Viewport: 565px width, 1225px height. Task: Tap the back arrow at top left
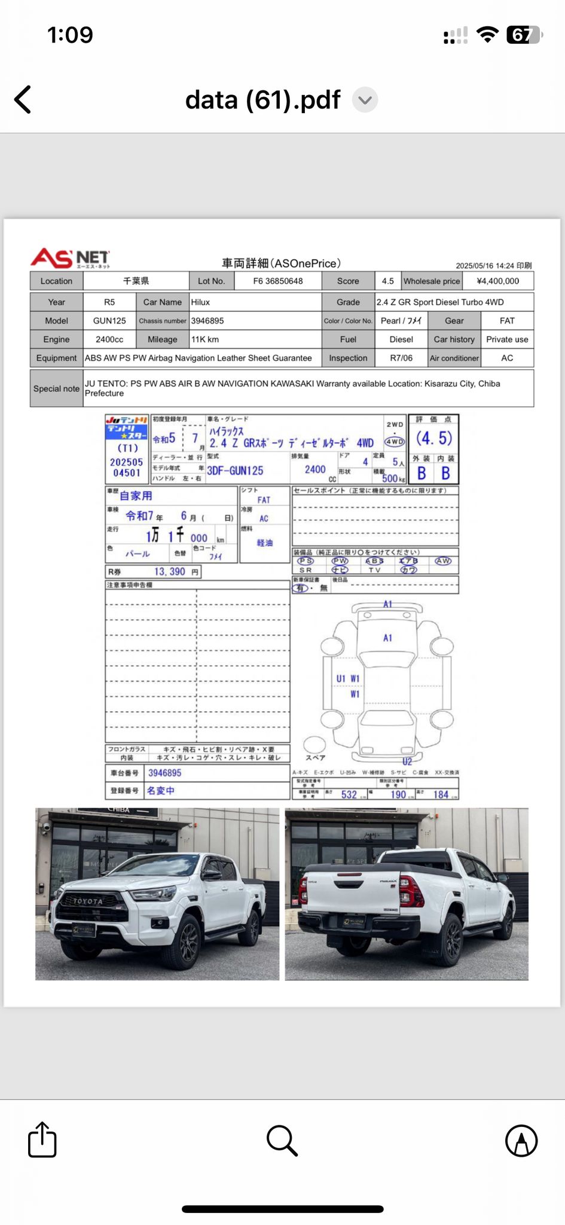point(23,100)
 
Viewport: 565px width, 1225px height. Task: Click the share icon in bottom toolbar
point(42,1140)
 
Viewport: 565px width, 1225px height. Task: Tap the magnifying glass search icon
point(282,1140)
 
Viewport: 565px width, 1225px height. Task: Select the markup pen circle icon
point(521,1140)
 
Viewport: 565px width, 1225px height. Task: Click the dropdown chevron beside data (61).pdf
point(365,100)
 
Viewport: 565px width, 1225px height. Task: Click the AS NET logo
point(70,259)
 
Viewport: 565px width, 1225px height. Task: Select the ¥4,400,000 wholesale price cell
point(497,281)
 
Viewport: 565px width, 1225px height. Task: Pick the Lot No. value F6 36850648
point(278,281)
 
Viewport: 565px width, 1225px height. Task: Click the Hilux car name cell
point(254,302)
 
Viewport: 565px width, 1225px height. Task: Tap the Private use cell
point(507,339)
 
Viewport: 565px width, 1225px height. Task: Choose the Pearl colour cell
point(401,321)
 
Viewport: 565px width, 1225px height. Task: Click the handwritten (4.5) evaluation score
point(434,438)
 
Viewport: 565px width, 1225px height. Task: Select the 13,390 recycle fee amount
point(170,572)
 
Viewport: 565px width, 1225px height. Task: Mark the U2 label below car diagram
point(407,761)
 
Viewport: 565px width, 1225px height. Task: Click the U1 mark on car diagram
point(340,679)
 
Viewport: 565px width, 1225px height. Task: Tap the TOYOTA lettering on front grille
point(88,901)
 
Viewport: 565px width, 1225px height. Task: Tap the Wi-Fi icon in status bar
point(488,35)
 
